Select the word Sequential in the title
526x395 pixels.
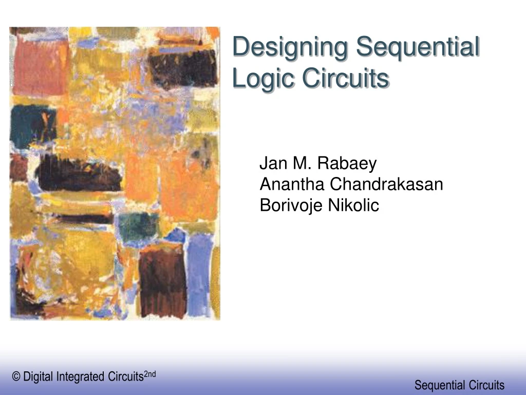click(x=418, y=47)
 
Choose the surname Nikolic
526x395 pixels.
click(x=354, y=205)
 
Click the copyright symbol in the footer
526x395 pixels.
click(x=16, y=377)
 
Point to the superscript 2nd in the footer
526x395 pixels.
click(x=149, y=374)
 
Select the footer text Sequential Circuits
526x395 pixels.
click(x=459, y=385)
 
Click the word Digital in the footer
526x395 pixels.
click(x=38, y=377)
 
